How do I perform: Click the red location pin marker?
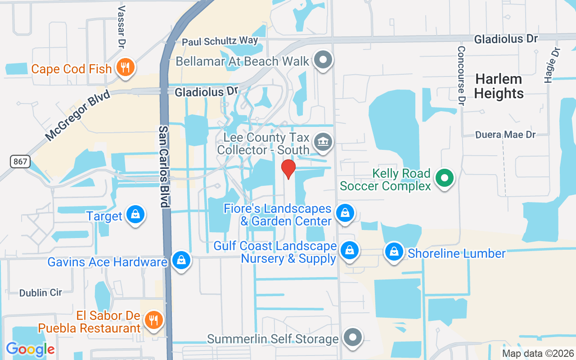pyautogui.click(x=288, y=169)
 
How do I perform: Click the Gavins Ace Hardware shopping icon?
pyautogui.click(x=181, y=261)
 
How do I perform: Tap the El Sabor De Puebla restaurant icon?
pyautogui.click(x=154, y=319)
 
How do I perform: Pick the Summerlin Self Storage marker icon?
pyautogui.click(x=352, y=337)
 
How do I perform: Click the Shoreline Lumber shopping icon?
pyautogui.click(x=394, y=252)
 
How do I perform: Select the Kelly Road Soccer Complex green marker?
pyautogui.click(x=445, y=178)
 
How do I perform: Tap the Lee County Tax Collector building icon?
pyautogui.click(x=322, y=142)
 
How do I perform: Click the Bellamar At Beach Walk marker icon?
pyautogui.click(x=322, y=60)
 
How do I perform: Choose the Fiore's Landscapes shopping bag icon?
pyautogui.click(x=345, y=213)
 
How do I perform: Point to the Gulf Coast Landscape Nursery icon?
pyautogui.click(x=349, y=251)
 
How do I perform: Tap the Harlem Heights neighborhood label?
pyautogui.click(x=499, y=86)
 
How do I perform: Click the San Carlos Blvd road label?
pyautogui.click(x=164, y=166)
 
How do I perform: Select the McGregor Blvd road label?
pyautogui.click(x=77, y=116)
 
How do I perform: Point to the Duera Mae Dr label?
pyautogui.click(x=506, y=135)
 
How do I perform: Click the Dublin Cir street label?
pyautogui.click(x=40, y=293)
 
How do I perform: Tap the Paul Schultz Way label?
pyautogui.click(x=220, y=41)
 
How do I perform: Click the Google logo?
pyautogui.click(x=30, y=349)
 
